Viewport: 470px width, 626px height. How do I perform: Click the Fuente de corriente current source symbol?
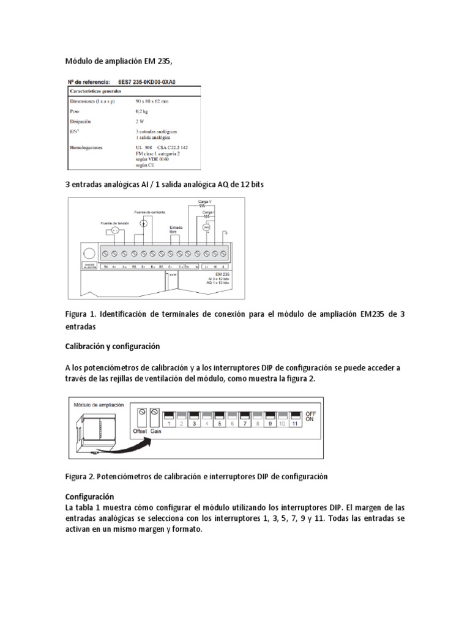[x=143, y=224]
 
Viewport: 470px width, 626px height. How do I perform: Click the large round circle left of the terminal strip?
[x=89, y=253]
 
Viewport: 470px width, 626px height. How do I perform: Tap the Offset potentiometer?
[x=141, y=413]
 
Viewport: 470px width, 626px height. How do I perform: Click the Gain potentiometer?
[x=155, y=413]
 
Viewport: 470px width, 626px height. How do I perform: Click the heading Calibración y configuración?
[x=113, y=346]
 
